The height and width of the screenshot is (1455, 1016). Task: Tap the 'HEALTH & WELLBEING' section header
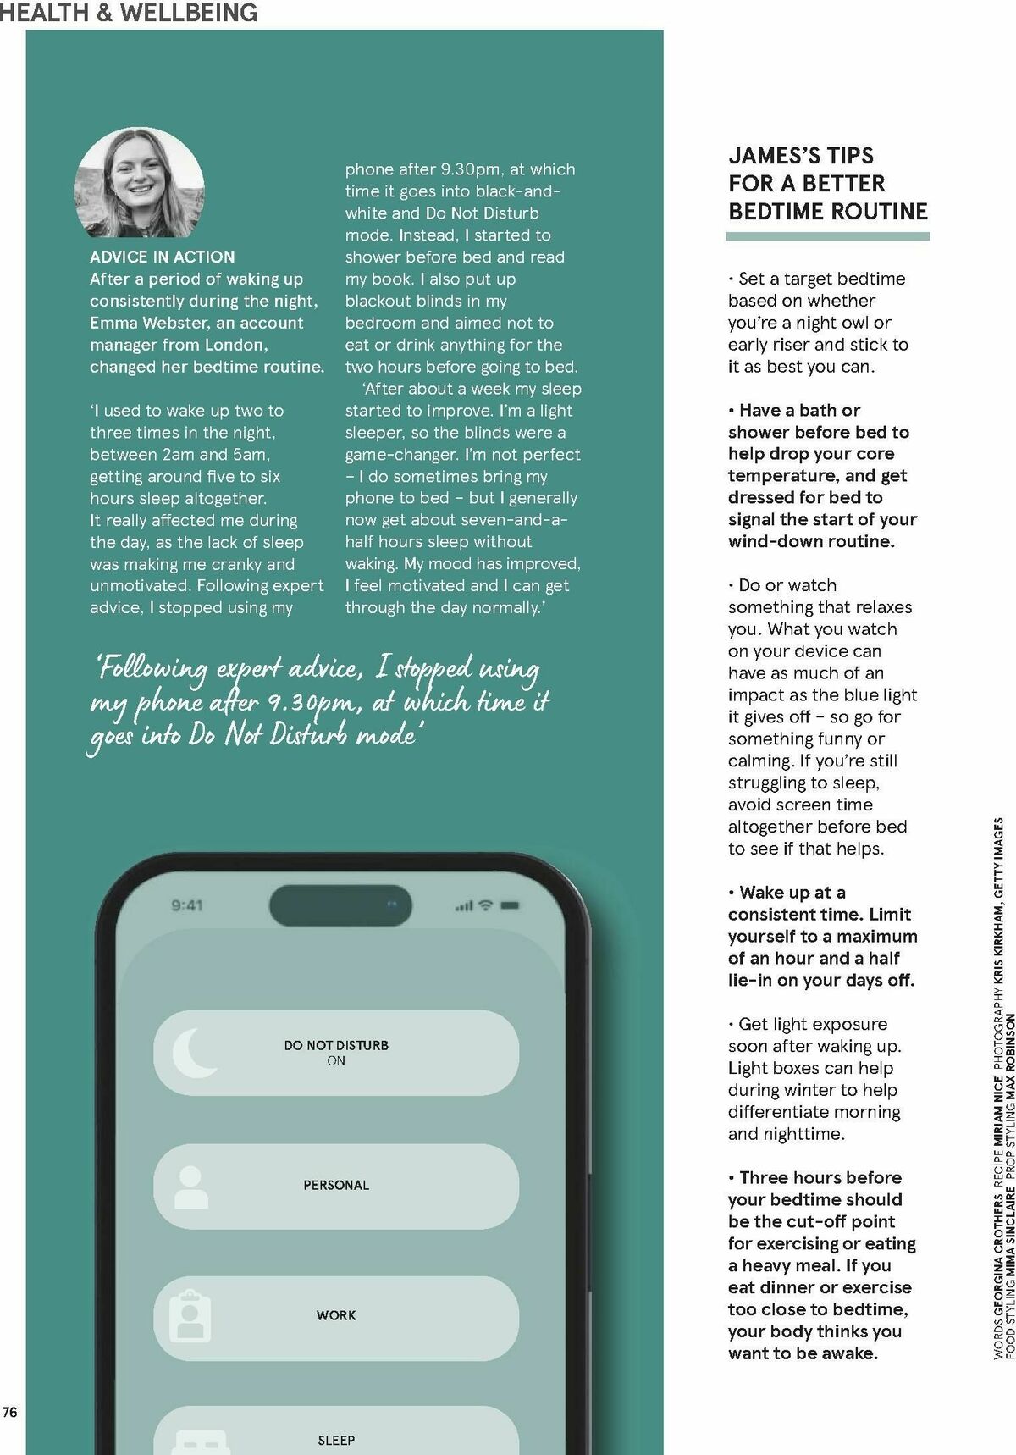(129, 13)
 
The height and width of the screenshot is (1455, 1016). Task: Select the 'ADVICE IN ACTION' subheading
(162, 257)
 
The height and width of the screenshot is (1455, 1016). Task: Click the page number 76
(10, 1412)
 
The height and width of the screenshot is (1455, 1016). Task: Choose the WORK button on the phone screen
(336, 1315)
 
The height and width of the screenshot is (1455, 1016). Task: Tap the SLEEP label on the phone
(336, 1440)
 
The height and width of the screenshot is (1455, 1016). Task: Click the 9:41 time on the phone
(187, 905)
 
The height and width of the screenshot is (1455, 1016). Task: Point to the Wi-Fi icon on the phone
(486, 905)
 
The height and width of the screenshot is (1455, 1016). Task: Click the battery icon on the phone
(511, 905)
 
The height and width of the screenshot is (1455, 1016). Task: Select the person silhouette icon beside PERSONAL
(190, 1187)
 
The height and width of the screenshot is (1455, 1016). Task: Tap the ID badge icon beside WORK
(190, 1317)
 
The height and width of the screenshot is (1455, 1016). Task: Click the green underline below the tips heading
(828, 236)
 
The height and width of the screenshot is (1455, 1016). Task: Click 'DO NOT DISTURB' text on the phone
(336, 1045)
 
